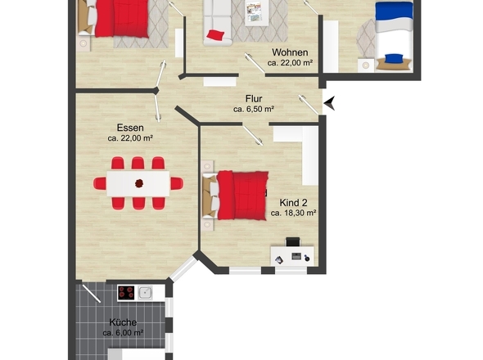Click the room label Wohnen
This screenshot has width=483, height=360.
(290, 52)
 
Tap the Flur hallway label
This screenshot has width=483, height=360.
(254, 99)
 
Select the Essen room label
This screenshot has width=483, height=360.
(130, 128)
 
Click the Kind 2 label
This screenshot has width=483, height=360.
(293, 203)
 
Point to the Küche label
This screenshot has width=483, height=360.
(123, 322)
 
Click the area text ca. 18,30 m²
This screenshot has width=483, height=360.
(294, 213)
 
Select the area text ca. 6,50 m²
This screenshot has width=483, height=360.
(254, 109)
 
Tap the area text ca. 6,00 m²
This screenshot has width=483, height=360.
(123, 333)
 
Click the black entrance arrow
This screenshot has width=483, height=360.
(329, 103)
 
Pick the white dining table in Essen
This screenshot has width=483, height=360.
(138, 184)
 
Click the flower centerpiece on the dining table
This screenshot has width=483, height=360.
(139, 183)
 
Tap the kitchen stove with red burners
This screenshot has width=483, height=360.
(127, 293)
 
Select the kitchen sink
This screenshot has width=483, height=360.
(145, 293)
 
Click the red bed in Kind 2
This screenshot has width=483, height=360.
(242, 196)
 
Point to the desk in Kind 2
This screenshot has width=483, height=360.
(292, 255)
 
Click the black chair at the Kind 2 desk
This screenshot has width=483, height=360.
(292, 241)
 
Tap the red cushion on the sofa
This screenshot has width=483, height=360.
(215, 34)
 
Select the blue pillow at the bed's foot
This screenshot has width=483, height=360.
(394, 58)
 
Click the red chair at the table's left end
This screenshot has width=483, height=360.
(100, 183)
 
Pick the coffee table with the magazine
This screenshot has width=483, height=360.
(256, 12)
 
